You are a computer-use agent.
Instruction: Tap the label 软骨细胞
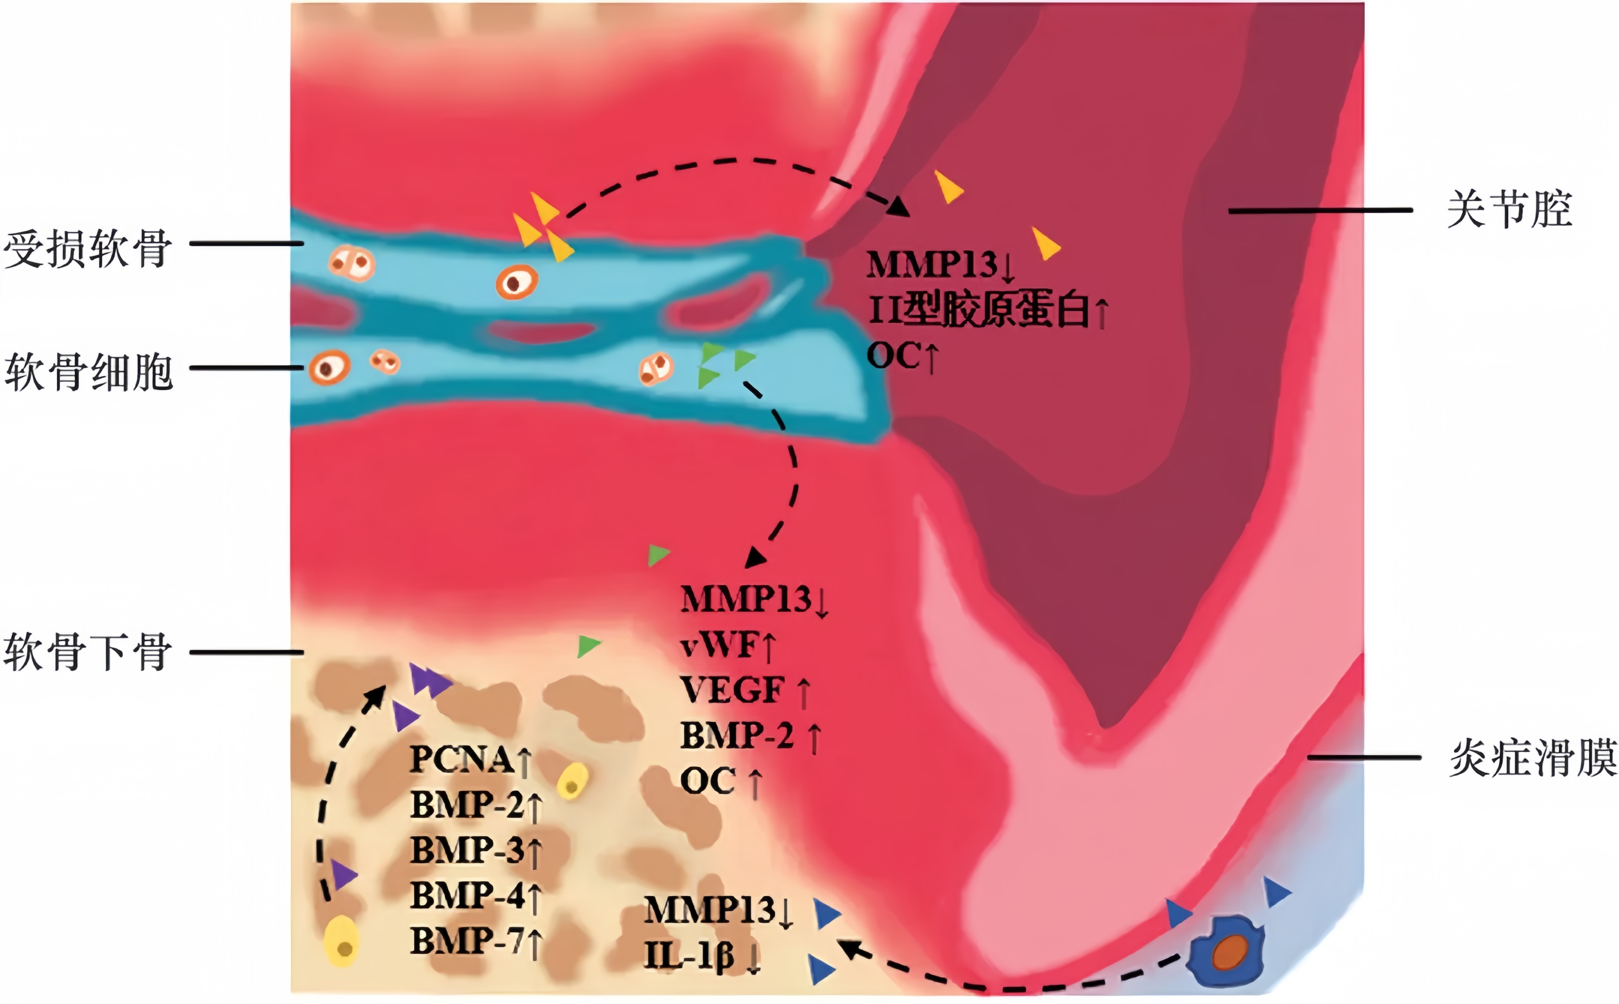88,372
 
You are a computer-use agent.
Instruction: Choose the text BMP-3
468,850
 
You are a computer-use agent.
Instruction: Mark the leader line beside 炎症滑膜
1364,757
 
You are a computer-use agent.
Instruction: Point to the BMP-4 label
468,895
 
